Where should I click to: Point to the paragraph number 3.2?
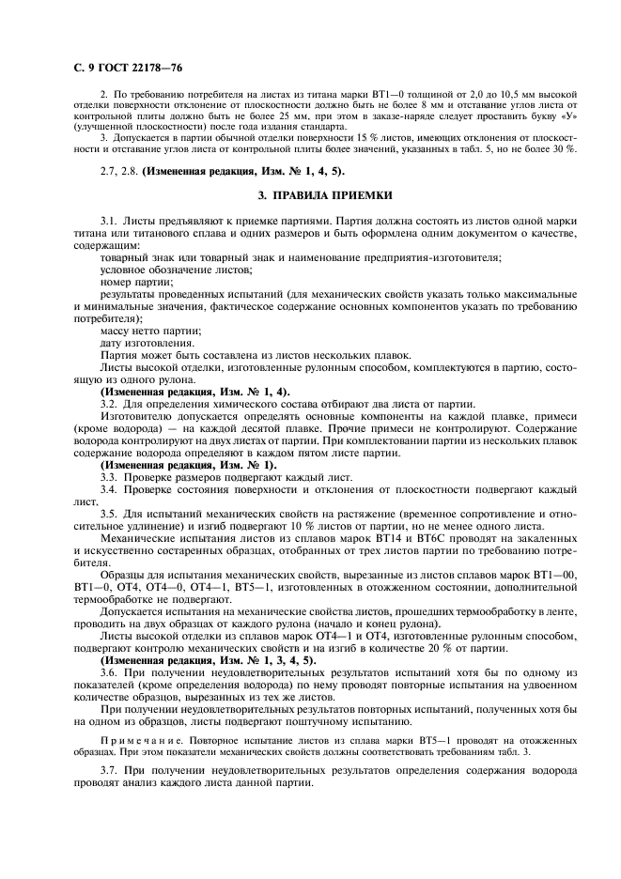[108, 403]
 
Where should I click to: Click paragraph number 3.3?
[108, 477]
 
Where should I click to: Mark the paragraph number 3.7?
[108, 770]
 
